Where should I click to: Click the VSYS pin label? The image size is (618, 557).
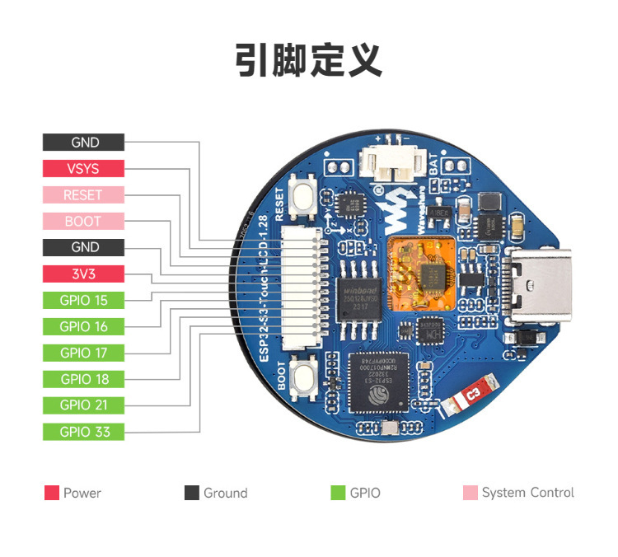pyautogui.click(x=83, y=169)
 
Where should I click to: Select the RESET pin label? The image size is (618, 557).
pyautogui.click(x=83, y=195)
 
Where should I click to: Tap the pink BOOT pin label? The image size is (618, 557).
pyautogui.click(x=83, y=221)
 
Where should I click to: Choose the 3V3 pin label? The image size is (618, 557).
pyautogui.click(x=83, y=274)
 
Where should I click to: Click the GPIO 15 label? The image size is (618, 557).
pyautogui.click(x=83, y=300)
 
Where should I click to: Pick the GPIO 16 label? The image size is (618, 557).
pyautogui.click(x=83, y=326)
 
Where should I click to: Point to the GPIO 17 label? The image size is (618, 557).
pyautogui.click(x=83, y=353)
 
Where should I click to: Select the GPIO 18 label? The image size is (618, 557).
pyautogui.click(x=83, y=379)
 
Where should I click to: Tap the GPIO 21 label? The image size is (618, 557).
pyautogui.click(x=83, y=405)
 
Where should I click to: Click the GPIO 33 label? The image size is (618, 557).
pyautogui.click(x=83, y=432)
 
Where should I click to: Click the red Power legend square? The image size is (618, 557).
pyautogui.click(x=52, y=493)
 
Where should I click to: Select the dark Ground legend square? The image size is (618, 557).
pyautogui.click(x=192, y=493)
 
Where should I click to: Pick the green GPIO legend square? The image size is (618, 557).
pyautogui.click(x=338, y=493)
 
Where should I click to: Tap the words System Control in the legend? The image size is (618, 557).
pyautogui.click(x=527, y=493)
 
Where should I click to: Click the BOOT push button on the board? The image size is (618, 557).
pyautogui.click(x=304, y=377)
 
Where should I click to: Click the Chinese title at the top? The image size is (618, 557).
pyautogui.click(x=308, y=61)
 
